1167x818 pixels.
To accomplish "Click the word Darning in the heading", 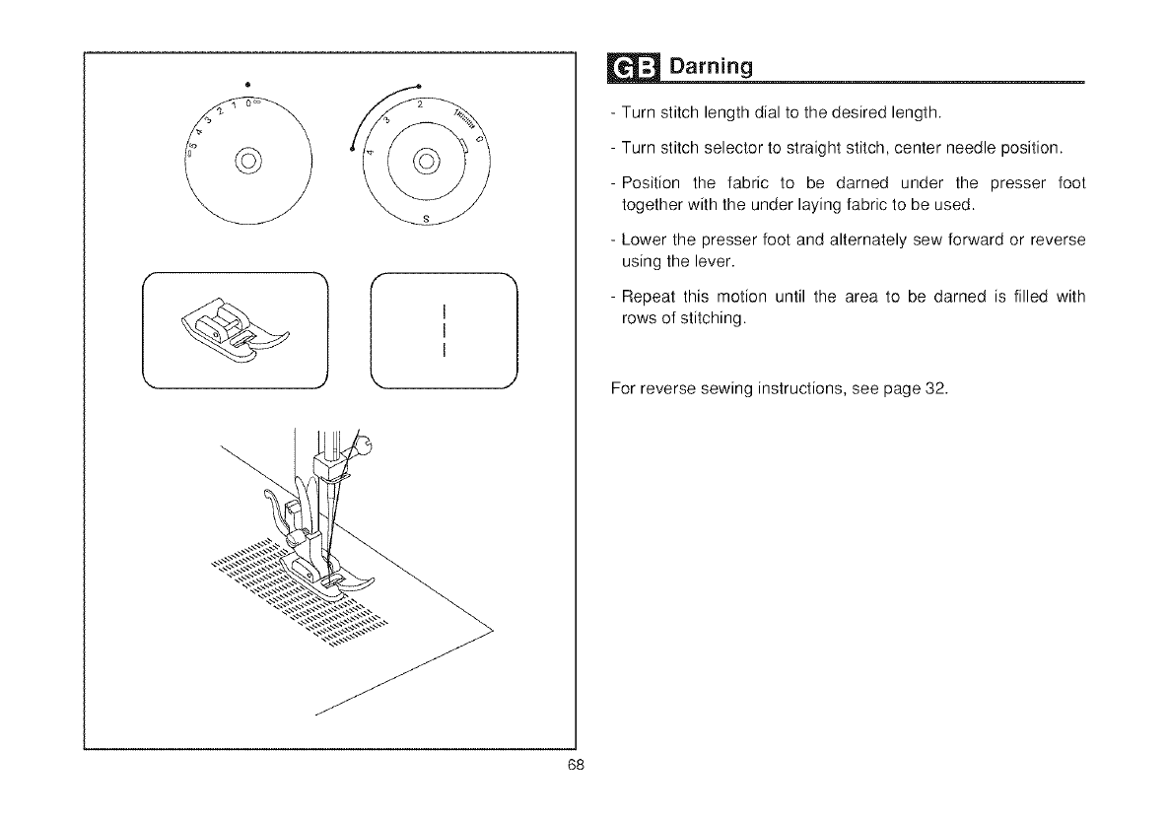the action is pyautogui.click(x=712, y=68).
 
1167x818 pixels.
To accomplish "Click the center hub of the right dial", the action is pyautogui.click(x=425, y=160).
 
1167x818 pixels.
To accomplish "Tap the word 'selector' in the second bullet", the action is pyautogui.click(x=721, y=148).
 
